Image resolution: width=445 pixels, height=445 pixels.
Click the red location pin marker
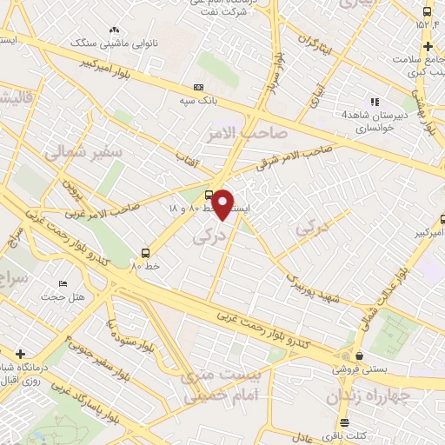pyautogui.click(x=223, y=204)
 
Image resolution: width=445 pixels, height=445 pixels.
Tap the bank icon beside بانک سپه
pyautogui.click(x=199, y=87)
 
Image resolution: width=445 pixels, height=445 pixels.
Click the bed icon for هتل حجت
pyautogui.click(x=62, y=285)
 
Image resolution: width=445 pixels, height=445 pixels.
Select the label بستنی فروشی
pyautogui.click(x=357, y=369)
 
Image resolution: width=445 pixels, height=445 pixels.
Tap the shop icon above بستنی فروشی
pyautogui.click(x=358, y=355)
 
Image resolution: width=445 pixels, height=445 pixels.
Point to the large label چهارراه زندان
pyautogui.click(x=369, y=397)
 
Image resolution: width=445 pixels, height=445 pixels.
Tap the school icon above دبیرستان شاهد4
pyautogui.click(x=374, y=102)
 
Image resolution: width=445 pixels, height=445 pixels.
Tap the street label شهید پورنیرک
pyautogui.click(x=314, y=280)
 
